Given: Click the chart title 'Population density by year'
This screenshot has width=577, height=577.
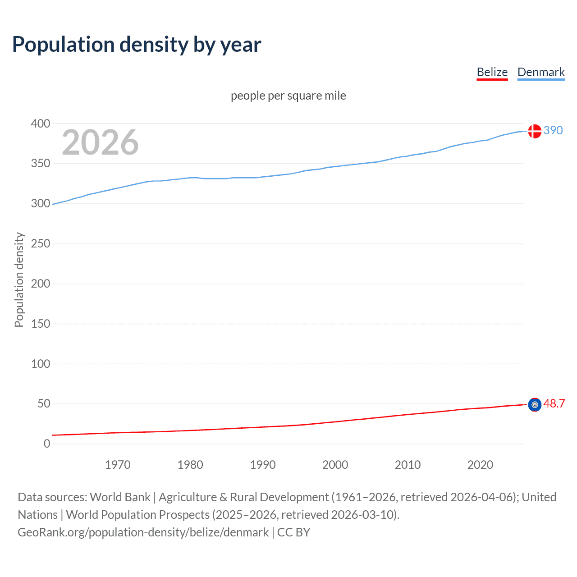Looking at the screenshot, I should tap(137, 45).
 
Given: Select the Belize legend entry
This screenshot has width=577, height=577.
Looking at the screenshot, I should tap(492, 72).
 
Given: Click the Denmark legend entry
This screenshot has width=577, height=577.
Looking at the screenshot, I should tap(541, 72).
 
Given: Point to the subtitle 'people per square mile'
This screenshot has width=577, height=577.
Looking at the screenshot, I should tap(288, 96).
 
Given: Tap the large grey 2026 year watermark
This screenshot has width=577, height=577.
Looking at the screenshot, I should tap(100, 142).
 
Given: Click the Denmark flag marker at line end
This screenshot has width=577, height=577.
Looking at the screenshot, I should tap(535, 131).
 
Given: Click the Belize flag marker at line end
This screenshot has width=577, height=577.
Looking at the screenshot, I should tap(535, 404).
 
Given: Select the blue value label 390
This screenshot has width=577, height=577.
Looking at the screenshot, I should tap(553, 130).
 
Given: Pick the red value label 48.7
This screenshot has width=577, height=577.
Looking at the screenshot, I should tap(554, 403).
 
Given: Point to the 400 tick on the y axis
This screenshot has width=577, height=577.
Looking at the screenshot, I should tap(41, 124).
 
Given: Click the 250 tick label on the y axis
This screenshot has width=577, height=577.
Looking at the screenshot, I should tap(41, 243).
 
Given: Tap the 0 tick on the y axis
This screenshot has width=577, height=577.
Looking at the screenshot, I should tap(47, 444).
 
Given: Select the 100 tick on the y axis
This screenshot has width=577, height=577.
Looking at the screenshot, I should tap(41, 364).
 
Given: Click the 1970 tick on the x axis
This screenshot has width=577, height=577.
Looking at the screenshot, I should tap(118, 465).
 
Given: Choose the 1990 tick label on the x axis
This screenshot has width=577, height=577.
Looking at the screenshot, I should tap(263, 465).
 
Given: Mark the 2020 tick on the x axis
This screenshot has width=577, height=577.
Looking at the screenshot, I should tap(480, 465).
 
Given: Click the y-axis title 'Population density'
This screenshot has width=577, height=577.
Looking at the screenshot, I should tap(19, 279).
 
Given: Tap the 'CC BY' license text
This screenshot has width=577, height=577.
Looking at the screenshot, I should tap(293, 532).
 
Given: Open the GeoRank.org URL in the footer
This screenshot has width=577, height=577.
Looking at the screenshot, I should tap(143, 532).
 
